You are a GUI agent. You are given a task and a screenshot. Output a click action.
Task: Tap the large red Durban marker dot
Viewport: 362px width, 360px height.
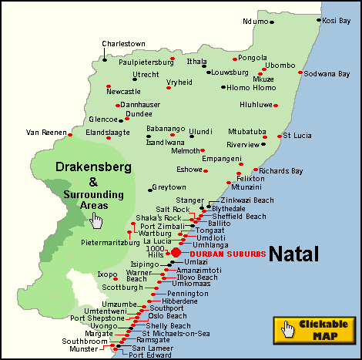(x=176, y=252)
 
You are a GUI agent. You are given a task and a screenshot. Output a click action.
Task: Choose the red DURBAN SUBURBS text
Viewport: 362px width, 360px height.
(x=227, y=253)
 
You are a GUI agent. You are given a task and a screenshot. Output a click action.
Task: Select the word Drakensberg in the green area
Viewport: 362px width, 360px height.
(x=93, y=167)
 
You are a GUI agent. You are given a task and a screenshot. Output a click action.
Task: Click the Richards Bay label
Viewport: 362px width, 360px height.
(x=281, y=170)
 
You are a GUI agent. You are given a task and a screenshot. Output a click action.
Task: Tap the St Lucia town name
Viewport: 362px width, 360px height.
(x=297, y=135)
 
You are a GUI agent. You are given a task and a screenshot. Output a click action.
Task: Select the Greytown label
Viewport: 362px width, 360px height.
(x=169, y=187)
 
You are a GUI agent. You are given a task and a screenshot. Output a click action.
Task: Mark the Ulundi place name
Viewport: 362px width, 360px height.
(x=200, y=131)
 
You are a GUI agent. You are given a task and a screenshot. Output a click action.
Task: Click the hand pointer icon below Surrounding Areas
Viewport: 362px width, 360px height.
(x=96, y=220)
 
